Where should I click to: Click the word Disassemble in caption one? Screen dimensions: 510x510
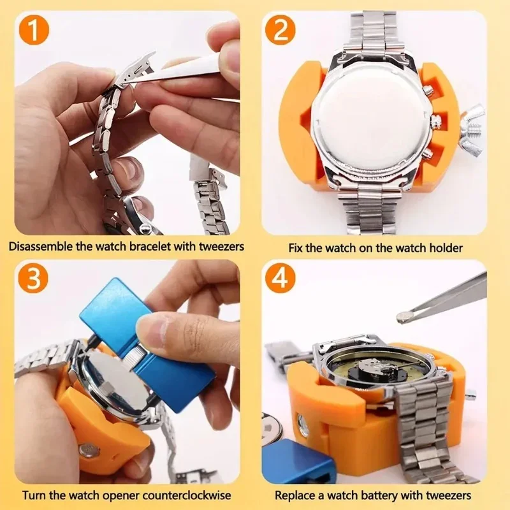coord(40,246)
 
